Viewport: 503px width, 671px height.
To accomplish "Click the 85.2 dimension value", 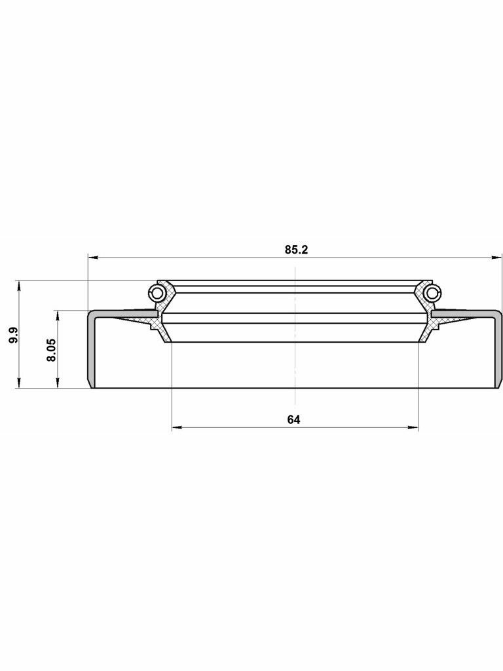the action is [x=297, y=250].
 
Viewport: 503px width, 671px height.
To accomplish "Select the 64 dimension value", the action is [x=294, y=419].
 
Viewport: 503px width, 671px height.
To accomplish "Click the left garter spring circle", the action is [x=156, y=293].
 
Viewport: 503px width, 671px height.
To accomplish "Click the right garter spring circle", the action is [x=433, y=293].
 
